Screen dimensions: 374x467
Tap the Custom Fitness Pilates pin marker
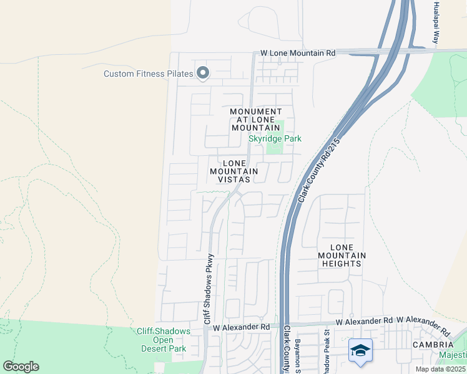202,74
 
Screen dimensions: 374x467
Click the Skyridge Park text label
275,138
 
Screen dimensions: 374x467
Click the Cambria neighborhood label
433,345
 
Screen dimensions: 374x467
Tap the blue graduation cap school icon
360,351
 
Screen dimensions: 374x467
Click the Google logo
21,367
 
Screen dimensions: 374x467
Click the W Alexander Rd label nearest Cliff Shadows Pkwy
241,327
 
